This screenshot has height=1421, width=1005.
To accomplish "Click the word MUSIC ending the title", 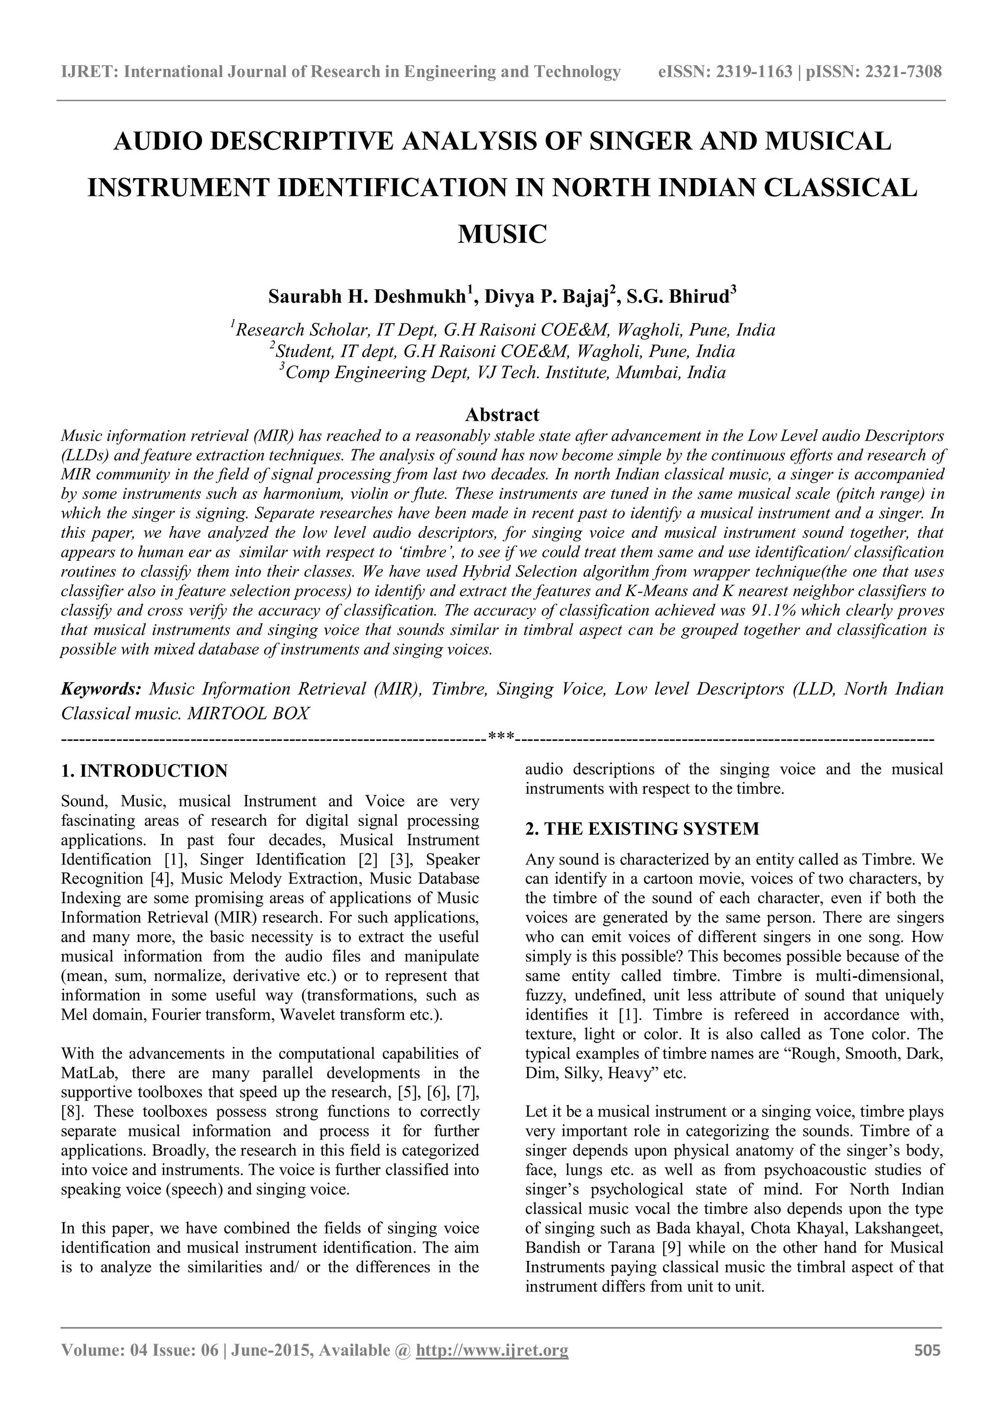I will tap(502, 235).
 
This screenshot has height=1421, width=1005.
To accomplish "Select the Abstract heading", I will tap(502, 414).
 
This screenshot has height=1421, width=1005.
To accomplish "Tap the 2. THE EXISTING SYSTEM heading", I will tap(642, 829).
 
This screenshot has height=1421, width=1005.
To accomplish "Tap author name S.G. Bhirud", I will tap(678, 296).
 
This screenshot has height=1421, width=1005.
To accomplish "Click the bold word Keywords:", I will tap(102, 689).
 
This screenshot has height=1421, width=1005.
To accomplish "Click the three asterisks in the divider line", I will tap(502, 736).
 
